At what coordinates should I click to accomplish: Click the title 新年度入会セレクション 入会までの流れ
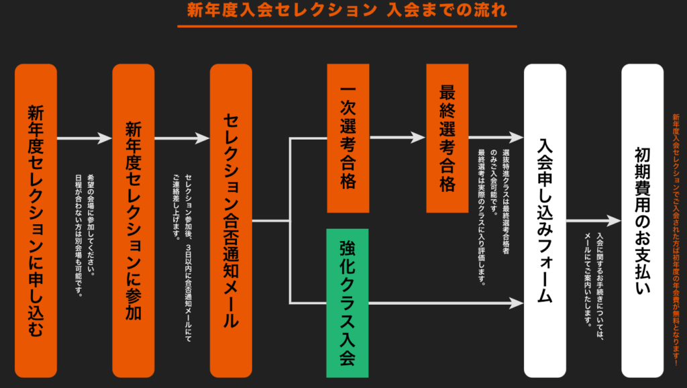click(x=347, y=11)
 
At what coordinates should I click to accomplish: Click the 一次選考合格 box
click(x=348, y=138)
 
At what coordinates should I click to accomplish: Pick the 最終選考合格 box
click(x=447, y=138)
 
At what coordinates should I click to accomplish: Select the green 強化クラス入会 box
click(x=348, y=303)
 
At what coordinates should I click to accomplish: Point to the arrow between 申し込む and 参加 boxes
click(x=85, y=138)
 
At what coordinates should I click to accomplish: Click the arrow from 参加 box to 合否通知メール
click(x=182, y=138)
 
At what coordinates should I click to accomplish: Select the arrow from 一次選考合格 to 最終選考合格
click(x=397, y=138)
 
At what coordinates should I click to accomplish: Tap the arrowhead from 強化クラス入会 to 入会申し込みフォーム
click(x=517, y=303)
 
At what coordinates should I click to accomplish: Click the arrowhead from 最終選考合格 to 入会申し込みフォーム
click(x=517, y=138)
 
